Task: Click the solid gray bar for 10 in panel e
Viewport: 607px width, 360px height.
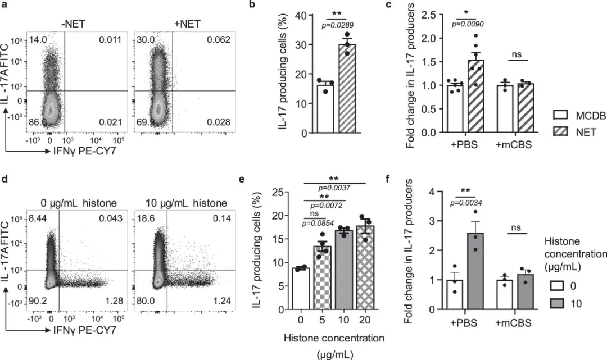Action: point(339,270)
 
